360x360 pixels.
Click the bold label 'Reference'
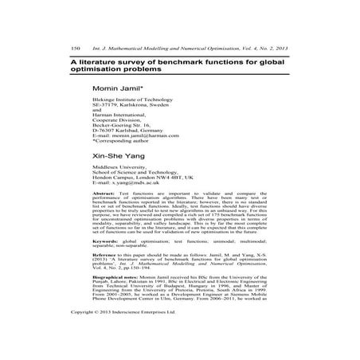(x=106, y=280)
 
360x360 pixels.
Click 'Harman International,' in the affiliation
(x=123, y=112)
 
